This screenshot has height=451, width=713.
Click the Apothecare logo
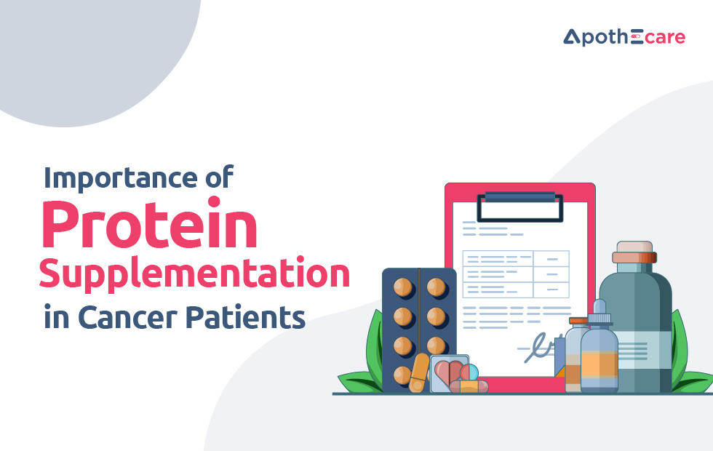(624, 37)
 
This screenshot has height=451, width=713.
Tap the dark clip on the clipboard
(519, 204)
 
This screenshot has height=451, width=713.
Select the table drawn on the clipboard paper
(515, 274)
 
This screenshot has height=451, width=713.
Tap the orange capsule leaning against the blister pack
(419, 372)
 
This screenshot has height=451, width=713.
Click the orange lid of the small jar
(578, 320)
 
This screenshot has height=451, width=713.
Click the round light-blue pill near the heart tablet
(470, 372)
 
